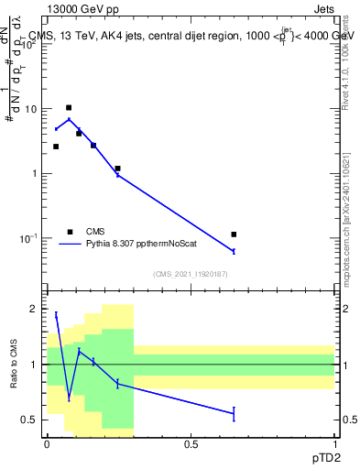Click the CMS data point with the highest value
point(69,108)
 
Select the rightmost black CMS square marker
point(234,234)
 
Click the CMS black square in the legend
point(69,232)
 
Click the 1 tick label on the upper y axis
point(35,174)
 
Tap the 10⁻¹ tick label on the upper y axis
point(30,238)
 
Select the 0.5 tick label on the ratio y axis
point(30,420)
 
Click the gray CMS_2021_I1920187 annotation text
point(191,274)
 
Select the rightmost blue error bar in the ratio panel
point(234,414)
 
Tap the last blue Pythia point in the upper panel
point(234,251)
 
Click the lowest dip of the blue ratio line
point(69,398)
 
